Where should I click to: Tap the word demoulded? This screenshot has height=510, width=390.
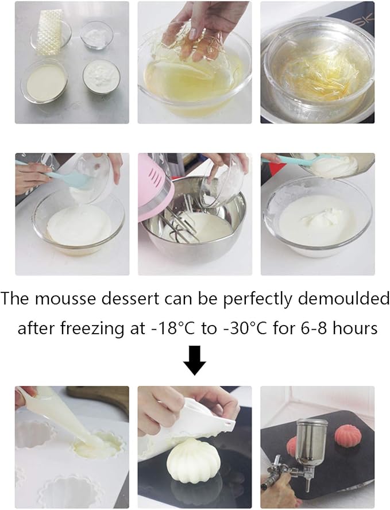353,299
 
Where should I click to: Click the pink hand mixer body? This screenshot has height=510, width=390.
150,184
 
